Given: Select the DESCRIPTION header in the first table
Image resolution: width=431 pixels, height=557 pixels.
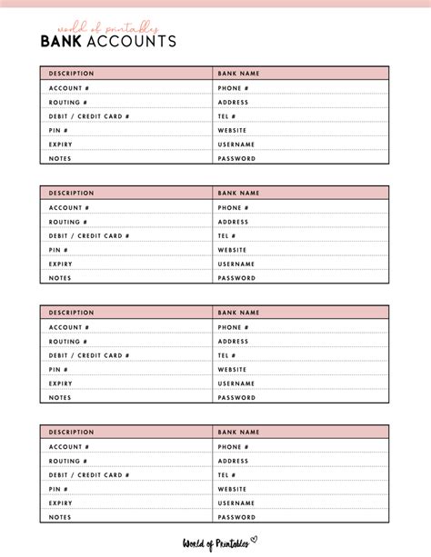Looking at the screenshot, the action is pyautogui.click(x=72, y=74).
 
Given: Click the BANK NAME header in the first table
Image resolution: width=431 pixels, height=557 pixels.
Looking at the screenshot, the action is pyautogui.click(x=238, y=74).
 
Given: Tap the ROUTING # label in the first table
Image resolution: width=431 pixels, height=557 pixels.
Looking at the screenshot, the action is pyautogui.click(x=69, y=102).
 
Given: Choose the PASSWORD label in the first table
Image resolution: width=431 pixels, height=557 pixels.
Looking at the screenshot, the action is pyautogui.click(x=236, y=158).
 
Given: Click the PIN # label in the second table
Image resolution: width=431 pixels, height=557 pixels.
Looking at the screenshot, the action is pyautogui.click(x=59, y=250).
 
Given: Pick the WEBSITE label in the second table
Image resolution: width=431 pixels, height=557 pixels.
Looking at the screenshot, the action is pyautogui.click(x=232, y=250).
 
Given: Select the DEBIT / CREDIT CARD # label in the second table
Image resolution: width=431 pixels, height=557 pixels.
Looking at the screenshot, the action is pyautogui.click(x=89, y=235).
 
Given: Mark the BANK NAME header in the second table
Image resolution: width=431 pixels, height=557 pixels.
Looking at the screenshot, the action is pyautogui.click(x=238, y=193).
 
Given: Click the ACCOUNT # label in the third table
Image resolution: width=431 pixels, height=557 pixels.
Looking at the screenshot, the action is pyautogui.click(x=69, y=327).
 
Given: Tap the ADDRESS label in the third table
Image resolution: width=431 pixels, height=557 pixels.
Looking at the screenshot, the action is pyautogui.click(x=233, y=341).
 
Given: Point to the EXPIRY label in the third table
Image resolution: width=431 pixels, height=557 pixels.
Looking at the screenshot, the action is pyautogui.click(x=61, y=383).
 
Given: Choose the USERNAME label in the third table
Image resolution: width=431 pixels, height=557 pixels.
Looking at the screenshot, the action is pyautogui.click(x=236, y=383).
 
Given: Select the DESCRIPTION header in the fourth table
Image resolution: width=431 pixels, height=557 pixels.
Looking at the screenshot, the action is pyautogui.click(x=72, y=433).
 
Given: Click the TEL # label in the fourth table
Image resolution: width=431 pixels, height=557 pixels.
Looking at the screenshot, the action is pyautogui.click(x=226, y=474).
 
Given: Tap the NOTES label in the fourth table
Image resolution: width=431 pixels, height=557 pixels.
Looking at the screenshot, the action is pyautogui.click(x=60, y=517).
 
